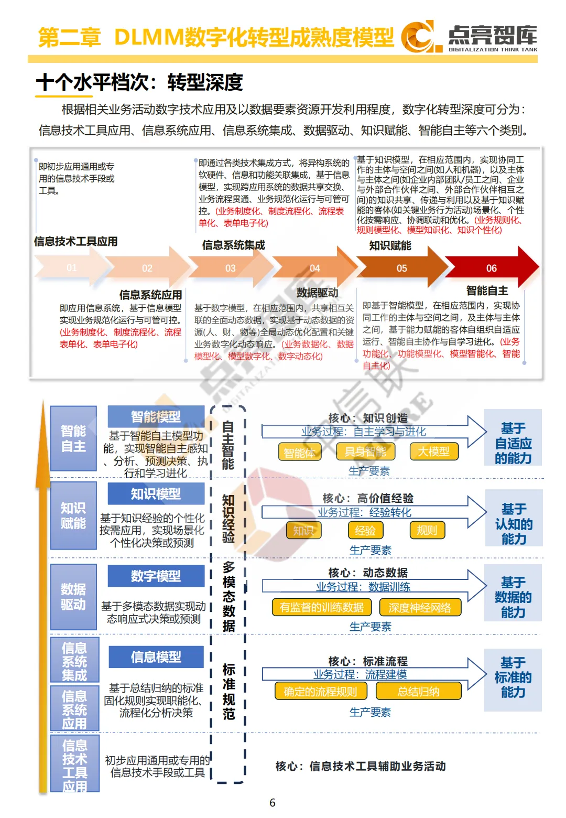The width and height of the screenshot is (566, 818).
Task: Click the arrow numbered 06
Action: pyautogui.click(x=491, y=268)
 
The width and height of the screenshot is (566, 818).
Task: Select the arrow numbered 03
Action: pyautogui.click(x=231, y=268)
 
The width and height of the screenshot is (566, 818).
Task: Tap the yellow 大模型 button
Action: pyautogui.click(x=433, y=451)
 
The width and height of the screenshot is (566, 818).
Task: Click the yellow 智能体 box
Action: pyautogui.click(x=299, y=453)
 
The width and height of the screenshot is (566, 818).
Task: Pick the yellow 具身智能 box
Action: pyautogui.click(x=365, y=451)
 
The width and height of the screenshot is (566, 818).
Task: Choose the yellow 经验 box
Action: pyautogui.click(x=365, y=530)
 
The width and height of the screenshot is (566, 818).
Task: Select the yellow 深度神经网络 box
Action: pyautogui.click(x=419, y=607)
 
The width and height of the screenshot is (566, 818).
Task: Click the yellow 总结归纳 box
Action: pyautogui.click(x=418, y=691)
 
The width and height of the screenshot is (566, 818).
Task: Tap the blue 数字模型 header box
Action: pyautogui.click(x=156, y=576)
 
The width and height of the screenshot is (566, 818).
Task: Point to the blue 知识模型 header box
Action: pyautogui.click(x=156, y=493)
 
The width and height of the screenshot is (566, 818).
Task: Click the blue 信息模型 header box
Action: pyautogui.click(x=156, y=656)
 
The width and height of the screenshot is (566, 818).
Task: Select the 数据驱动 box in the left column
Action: pyautogui.click(x=73, y=597)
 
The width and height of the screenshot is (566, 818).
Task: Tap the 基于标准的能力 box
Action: pyautogui.click(x=513, y=677)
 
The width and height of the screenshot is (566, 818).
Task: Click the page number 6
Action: pyautogui.click(x=272, y=802)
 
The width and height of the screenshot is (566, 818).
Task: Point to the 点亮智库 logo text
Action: pyautogui.click(x=492, y=36)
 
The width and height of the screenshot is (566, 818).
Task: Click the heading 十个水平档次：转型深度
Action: pyautogui.click(x=139, y=82)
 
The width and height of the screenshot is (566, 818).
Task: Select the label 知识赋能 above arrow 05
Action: pyautogui.click(x=390, y=245)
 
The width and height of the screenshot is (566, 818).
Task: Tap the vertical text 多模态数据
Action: pyautogui.click(x=228, y=596)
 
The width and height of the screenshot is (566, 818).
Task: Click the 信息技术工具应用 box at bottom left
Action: pyautogui.click(x=74, y=765)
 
